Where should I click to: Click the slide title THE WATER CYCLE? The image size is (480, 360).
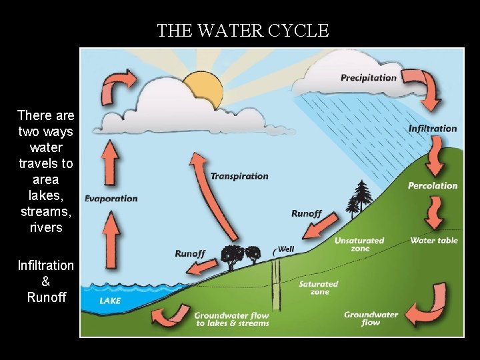coord(243,31)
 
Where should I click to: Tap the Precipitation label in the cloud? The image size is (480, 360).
coord(368,77)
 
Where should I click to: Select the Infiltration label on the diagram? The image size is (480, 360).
coord(433,128)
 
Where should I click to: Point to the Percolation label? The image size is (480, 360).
coord(433,185)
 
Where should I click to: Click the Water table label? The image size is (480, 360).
coord(434,240)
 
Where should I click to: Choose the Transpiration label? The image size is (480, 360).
coord(239,176)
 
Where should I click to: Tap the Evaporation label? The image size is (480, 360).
coord(111,198)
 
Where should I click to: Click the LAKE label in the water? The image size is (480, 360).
coord(110,301)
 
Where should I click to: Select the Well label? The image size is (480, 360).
coord(285,249)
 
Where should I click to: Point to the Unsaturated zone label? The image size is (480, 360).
coord(359,244)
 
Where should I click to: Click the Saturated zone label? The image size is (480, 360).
coord(319,287)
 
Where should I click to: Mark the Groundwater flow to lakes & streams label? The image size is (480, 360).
coord(231,319)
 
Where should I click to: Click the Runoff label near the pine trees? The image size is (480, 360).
coord(306,213)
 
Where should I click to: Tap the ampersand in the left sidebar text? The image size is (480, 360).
coord(46,281)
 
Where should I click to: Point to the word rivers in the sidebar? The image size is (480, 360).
coord(46,227)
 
